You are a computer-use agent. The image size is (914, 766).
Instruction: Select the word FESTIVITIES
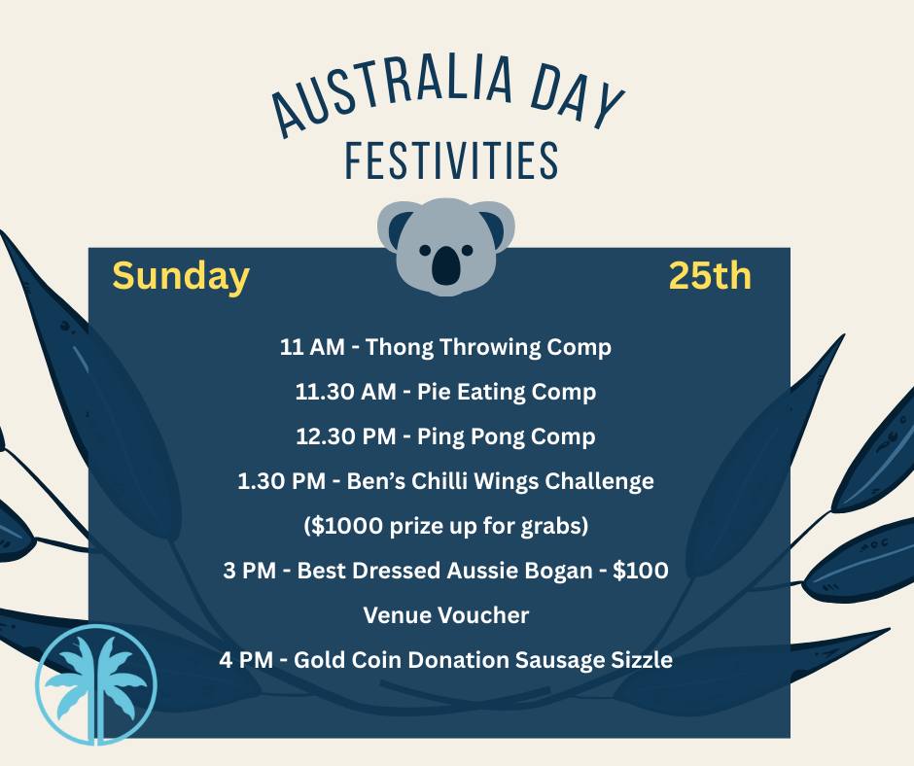point(452,160)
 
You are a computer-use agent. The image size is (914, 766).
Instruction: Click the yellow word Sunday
point(181,277)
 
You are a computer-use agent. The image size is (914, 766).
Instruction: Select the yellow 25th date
point(710,277)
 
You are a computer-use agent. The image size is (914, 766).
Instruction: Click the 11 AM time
point(312,347)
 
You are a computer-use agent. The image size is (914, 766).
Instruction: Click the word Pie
point(434,393)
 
